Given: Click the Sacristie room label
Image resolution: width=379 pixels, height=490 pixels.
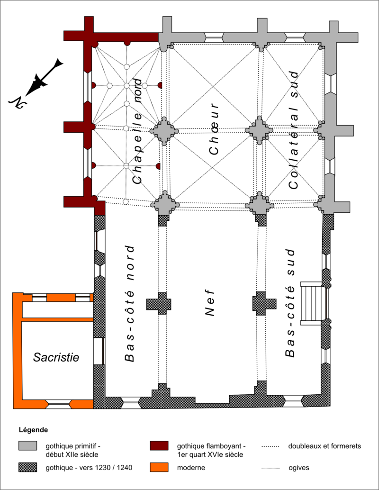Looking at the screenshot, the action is [56, 357].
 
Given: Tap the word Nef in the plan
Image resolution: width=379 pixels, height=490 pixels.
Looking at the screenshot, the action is [210, 303].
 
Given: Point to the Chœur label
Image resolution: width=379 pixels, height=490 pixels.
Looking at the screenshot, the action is [214, 129].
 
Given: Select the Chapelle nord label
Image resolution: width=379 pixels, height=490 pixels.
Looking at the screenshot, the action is [137, 131].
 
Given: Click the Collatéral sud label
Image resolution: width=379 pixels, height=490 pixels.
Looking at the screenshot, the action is [294, 130].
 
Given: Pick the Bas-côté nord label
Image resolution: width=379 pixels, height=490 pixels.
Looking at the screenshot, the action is [130, 304].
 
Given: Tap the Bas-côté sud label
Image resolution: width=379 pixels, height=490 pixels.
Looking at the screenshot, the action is [290, 303].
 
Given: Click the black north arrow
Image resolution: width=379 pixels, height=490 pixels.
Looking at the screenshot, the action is [36, 81].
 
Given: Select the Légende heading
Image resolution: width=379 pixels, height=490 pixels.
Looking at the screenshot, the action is [34, 430].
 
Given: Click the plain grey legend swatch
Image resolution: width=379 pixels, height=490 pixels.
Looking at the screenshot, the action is [28, 446].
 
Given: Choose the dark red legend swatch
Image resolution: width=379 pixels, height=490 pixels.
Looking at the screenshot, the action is [159, 446].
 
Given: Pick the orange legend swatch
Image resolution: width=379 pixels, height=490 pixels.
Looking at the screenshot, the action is [159, 468].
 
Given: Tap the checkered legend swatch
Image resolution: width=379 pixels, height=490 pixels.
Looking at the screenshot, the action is [28, 468].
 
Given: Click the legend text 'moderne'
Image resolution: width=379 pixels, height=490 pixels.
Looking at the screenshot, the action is [191, 468].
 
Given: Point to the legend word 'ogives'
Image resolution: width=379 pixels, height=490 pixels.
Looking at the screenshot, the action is [299, 468].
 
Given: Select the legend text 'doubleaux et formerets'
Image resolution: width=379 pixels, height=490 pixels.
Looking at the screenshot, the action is [325, 446].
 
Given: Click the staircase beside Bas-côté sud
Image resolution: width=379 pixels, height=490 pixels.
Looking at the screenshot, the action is [311, 303].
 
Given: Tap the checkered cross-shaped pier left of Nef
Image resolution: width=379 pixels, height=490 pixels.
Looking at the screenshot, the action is [159, 303].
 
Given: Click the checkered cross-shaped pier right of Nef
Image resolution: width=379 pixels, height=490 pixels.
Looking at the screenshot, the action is [264, 303].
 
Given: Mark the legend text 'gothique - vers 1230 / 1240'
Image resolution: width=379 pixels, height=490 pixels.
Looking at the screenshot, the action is [89, 468].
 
